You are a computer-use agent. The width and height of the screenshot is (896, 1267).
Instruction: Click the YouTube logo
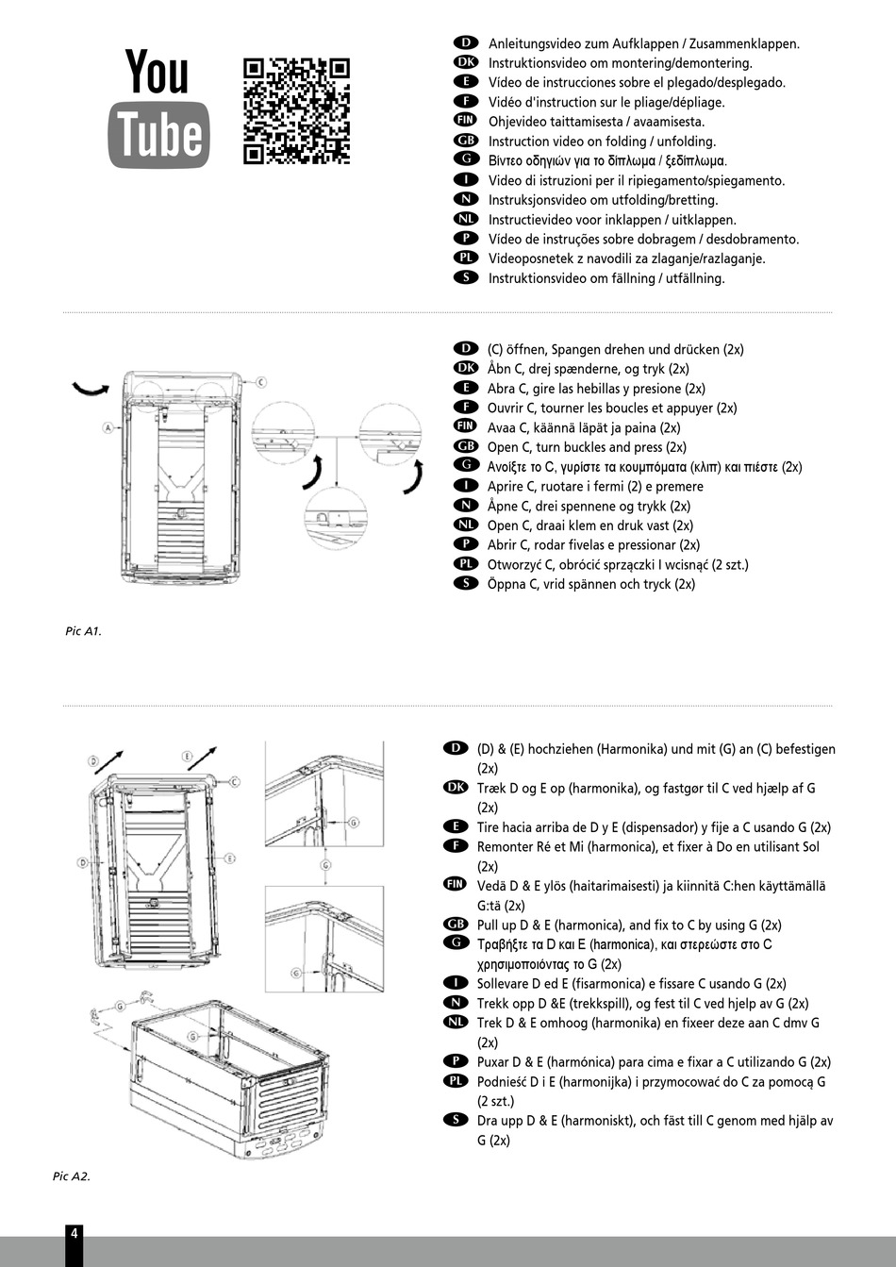[x=158, y=107]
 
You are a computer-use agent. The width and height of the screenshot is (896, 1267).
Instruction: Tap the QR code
[x=296, y=111]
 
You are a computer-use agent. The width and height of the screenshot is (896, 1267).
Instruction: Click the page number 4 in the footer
[x=75, y=1231]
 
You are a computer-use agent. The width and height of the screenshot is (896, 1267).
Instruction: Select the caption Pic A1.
[x=83, y=631]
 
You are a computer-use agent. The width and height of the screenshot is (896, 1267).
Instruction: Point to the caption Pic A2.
[x=72, y=1176]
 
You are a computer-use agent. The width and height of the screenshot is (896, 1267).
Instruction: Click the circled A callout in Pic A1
[x=108, y=427]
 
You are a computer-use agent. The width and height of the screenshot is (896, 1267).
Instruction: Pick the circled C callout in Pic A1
[x=261, y=382]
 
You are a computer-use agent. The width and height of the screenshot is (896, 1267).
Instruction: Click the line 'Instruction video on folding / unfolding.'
[x=602, y=142]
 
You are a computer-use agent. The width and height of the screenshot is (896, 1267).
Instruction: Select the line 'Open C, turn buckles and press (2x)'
[x=587, y=447]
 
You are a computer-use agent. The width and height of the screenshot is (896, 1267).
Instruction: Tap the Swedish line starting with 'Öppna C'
[x=590, y=584]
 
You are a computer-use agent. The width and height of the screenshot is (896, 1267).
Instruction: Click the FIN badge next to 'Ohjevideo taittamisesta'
[x=465, y=120]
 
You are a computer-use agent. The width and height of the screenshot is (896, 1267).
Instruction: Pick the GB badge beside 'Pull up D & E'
[x=455, y=924]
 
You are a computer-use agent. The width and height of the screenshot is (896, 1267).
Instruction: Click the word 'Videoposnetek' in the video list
[x=531, y=258]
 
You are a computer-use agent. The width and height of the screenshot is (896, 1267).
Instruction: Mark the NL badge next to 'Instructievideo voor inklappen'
[x=465, y=218]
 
